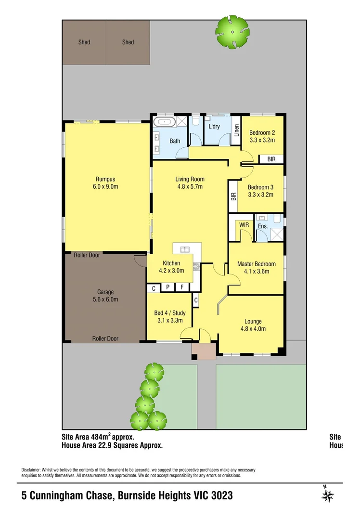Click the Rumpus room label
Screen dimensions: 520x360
[x=104, y=179]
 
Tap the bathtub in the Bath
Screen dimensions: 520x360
[x=165, y=123]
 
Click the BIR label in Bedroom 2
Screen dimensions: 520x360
[x=271, y=159]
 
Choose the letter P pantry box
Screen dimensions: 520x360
[x=167, y=288]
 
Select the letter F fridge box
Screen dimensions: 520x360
[x=182, y=288]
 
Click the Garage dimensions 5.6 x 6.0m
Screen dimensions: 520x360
[x=105, y=299]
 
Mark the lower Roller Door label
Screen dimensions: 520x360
[x=105, y=339]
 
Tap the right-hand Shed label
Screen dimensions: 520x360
[x=128, y=42]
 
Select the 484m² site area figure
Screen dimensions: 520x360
[x=101, y=437]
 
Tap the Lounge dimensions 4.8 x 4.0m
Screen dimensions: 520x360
[x=253, y=329]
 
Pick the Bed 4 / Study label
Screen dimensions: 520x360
[x=169, y=313]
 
